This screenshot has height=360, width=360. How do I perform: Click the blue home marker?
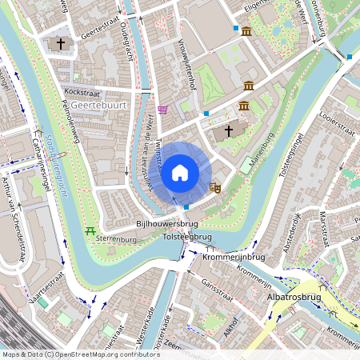(x=180, y=172)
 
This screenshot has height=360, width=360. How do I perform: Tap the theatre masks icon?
(x=214, y=187)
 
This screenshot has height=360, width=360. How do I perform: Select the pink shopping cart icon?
(x=163, y=110)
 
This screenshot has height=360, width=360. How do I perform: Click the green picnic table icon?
(x=89, y=231)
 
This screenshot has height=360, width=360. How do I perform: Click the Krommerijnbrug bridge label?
(x=234, y=257)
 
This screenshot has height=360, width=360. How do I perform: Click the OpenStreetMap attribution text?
(x=80, y=354)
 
